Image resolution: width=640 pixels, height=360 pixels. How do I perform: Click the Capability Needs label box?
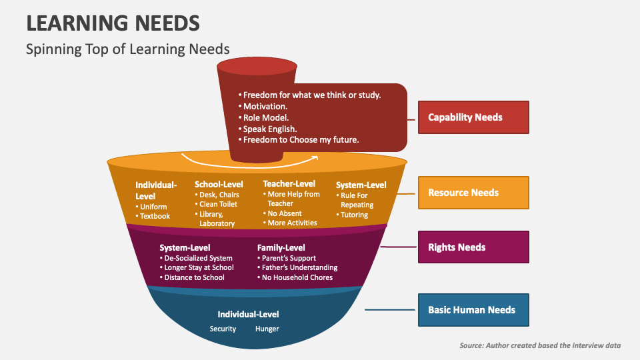(473, 117)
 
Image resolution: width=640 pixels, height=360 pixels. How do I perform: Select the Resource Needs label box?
(473, 193)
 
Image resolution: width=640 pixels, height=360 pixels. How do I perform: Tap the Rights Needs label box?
(473, 247)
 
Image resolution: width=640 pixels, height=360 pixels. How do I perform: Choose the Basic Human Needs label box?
(473, 310)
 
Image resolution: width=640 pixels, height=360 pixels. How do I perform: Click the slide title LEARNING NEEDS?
(113, 23)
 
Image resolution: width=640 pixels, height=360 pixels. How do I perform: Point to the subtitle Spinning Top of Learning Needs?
(127, 49)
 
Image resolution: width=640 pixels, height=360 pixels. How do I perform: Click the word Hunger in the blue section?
(267, 329)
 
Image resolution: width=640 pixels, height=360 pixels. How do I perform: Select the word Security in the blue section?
(223, 329)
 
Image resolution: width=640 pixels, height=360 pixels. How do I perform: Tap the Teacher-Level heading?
(289, 183)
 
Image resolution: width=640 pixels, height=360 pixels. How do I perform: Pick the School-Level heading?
(219, 184)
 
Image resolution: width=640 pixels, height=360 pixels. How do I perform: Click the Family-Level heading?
(281, 248)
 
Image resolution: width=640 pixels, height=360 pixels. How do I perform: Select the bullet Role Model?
(265, 117)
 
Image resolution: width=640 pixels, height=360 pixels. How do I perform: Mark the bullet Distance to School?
(194, 277)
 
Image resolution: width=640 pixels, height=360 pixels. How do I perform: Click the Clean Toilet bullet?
(217, 204)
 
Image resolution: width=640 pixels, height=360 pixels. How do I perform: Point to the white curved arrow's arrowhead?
(315, 158)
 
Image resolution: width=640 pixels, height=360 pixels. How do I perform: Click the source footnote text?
(540, 345)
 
